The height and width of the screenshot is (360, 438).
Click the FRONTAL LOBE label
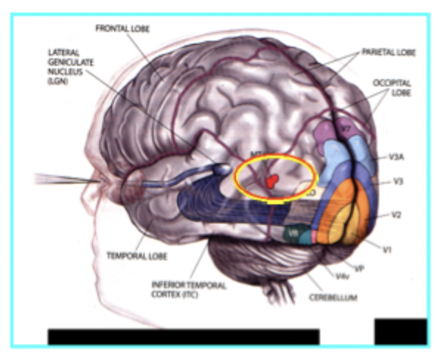[122, 28]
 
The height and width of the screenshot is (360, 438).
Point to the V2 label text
[395, 215]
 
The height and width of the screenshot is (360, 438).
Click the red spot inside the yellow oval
[272, 180]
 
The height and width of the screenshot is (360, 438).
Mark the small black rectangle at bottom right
[400, 331]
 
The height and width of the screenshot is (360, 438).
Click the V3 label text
[397, 181]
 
